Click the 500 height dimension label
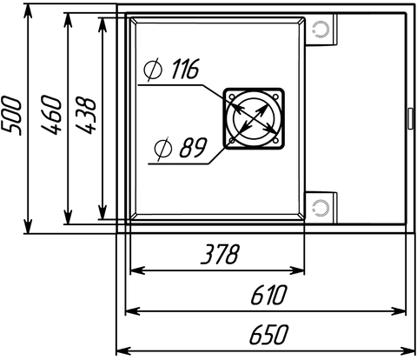click(11, 116)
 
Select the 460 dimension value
click(51, 115)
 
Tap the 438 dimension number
click(85, 116)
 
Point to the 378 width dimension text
click(221, 254)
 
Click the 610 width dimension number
click(269, 295)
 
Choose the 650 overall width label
click(269, 334)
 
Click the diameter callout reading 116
click(171, 69)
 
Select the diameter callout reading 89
click(181, 148)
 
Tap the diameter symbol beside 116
click(153, 70)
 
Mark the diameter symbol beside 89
click(163, 149)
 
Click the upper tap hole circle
click(321, 30)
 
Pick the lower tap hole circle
click(321, 208)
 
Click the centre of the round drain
click(254, 118)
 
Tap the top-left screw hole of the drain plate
click(232, 97)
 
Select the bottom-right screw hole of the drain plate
click(275, 141)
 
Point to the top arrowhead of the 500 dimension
click(28, 11)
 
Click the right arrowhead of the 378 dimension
click(297, 270)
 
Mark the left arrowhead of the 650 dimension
click(123, 350)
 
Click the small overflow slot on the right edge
click(410, 118)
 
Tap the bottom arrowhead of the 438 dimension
click(103, 212)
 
